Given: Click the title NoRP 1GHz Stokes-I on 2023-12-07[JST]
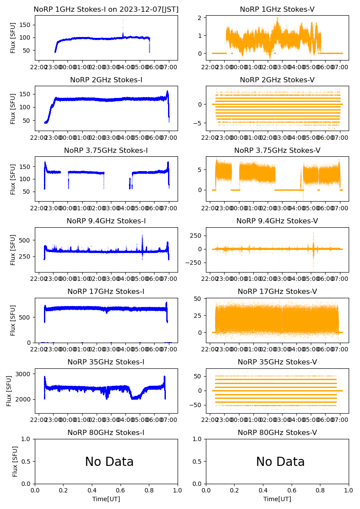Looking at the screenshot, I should pos(106,9).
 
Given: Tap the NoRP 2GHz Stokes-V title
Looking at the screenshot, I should pos(277,80).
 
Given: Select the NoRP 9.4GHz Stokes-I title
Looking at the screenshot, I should pos(106,221).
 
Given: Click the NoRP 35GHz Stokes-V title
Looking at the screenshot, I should pos(277,362).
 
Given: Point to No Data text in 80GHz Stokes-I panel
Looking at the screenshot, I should pos(109,462).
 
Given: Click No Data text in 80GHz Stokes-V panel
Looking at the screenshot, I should pos(280,462).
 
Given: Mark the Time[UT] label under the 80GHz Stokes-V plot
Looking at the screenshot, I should pos(277,499).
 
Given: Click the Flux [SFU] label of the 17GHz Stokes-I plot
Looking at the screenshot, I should pos(13,320).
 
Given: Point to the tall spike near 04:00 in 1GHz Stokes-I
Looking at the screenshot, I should pos(123,22).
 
